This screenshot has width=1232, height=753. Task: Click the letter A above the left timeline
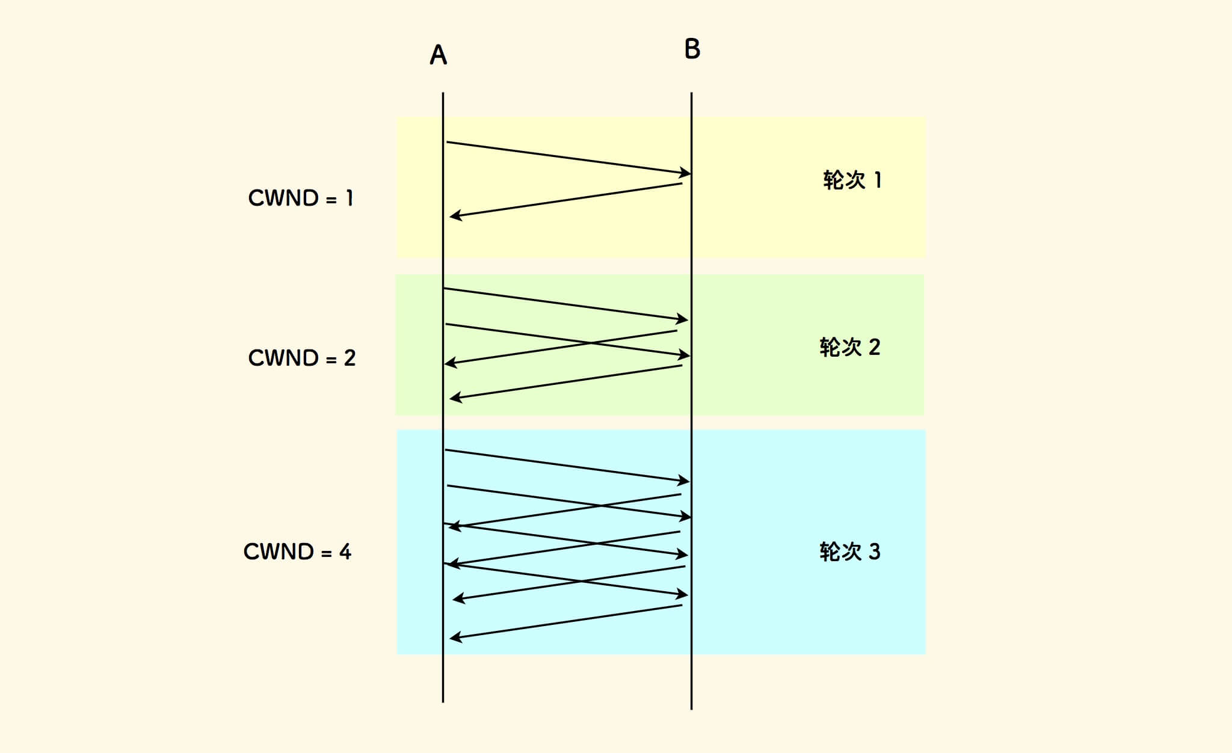[x=438, y=55]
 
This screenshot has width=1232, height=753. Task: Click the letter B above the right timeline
[x=692, y=49]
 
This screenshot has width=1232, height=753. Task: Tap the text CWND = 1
[x=300, y=198]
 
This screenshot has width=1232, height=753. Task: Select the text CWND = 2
[x=301, y=358]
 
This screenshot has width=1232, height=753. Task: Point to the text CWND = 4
[x=297, y=552]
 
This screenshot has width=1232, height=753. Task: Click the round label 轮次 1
[x=852, y=180]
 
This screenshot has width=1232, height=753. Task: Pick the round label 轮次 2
[x=849, y=347]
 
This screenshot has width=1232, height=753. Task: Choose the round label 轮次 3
[x=849, y=552]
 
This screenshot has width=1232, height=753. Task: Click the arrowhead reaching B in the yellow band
[x=685, y=173]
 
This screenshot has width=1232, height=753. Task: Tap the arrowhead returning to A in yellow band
[x=455, y=215]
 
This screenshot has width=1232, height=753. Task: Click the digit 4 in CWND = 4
[x=345, y=552]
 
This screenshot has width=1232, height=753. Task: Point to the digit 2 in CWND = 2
[x=350, y=358]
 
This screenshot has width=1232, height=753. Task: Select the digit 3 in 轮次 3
[x=874, y=552]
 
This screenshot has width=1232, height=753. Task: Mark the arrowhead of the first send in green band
[x=682, y=319]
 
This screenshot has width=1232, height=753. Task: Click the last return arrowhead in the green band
[x=455, y=398]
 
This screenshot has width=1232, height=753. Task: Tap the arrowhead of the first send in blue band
[x=684, y=481]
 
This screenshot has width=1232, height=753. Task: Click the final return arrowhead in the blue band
[x=455, y=638]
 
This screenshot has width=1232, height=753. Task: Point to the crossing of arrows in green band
[x=590, y=343]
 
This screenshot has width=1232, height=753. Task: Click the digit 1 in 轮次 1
[x=878, y=180]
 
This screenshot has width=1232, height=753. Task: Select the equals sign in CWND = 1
[x=331, y=199]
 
